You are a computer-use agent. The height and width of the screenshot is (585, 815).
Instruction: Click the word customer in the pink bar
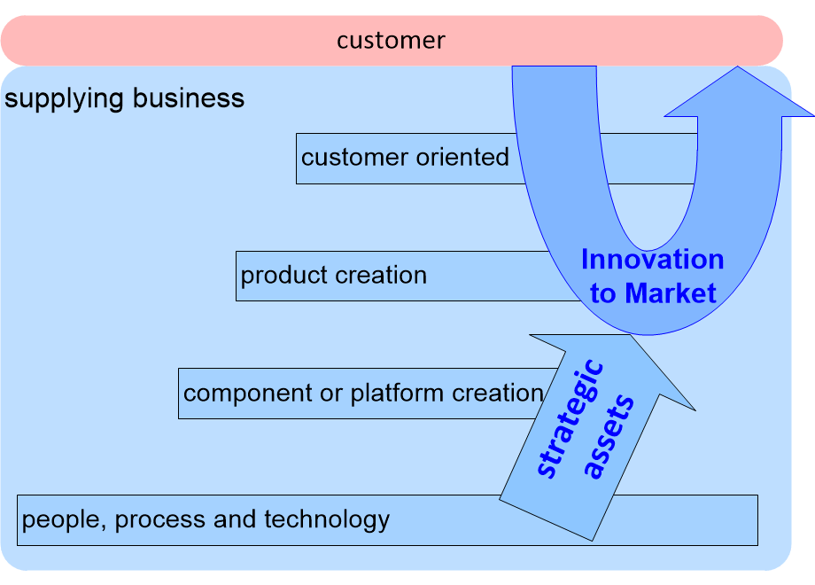[391, 41]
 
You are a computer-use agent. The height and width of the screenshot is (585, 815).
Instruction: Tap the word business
[188, 97]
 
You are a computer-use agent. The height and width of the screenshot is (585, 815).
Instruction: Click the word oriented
[462, 157]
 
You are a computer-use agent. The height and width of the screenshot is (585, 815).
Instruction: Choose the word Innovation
[652, 259]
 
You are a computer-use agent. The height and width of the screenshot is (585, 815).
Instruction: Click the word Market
[671, 293]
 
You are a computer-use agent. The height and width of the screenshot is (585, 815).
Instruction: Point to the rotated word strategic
[570, 418]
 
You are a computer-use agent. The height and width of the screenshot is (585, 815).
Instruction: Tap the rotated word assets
[609, 437]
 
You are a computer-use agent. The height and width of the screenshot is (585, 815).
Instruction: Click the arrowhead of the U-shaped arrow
[739, 91]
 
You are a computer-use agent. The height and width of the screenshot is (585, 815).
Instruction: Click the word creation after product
[379, 275]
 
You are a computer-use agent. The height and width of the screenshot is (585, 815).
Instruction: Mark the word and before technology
[234, 519]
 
